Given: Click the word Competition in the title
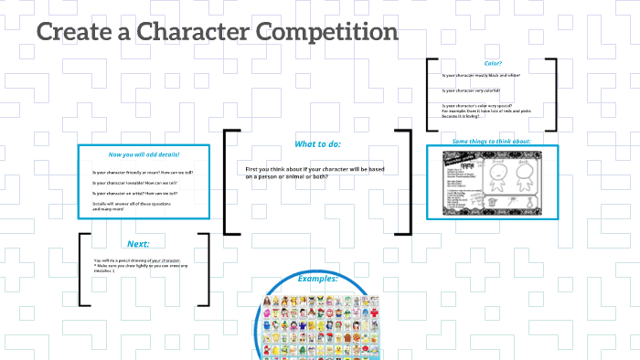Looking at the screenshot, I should coord(326,33).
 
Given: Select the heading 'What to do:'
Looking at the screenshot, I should coord(318,144).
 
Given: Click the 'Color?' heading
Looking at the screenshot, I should coord(493,63).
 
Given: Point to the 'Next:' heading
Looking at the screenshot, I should coord(139,244).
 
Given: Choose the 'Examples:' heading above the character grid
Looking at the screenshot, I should coord(316,278).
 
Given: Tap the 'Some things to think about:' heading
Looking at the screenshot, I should coord(492,142).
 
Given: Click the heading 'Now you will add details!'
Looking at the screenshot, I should coord(145,154).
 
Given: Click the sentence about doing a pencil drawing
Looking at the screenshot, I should coord(137,260).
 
